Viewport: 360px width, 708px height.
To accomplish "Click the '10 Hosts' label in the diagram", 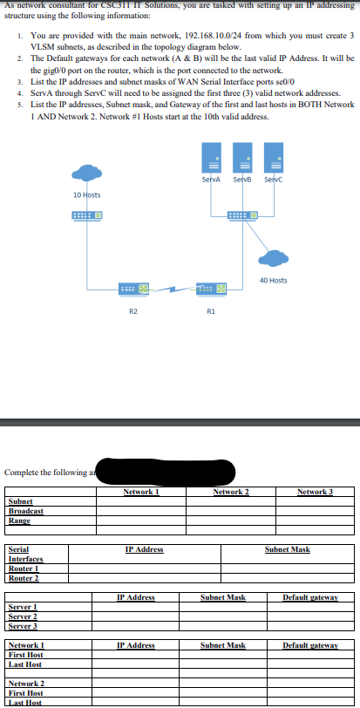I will (87, 194).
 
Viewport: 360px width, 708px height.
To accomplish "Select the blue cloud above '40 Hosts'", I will (275, 258).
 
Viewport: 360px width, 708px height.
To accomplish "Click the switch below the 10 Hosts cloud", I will (87, 214).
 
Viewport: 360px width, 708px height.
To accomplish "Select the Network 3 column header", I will (315, 492).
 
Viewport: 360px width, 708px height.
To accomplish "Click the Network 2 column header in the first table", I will (231, 492).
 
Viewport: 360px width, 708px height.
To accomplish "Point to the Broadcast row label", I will (26, 511).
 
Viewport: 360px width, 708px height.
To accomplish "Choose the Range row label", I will (20, 521).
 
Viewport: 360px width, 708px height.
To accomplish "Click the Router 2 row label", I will (24, 578).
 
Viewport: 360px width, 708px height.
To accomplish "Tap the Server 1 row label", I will (23, 607).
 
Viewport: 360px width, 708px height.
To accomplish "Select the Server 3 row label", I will (24, 626).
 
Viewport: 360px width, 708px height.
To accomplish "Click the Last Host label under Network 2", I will (24, 702).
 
